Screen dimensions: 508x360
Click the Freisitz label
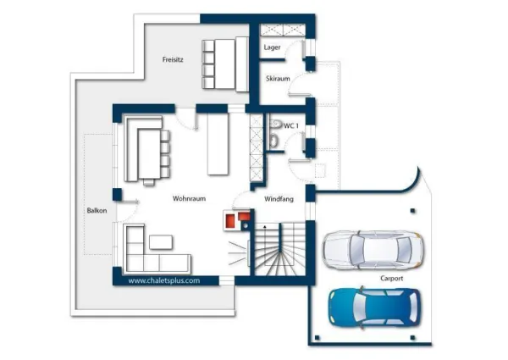coord(173,59)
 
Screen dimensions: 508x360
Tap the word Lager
coord(272,47)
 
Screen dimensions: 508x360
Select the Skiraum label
coord(278,79)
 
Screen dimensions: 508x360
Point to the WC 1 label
coord(291,125)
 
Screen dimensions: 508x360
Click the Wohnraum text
coord(189,198)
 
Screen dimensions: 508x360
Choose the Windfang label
coord(279,199)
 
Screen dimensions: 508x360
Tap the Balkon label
coord(97,211)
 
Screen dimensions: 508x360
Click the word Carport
coord(392,279)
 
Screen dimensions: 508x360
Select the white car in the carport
coord(373,250)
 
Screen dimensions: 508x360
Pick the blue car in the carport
coord(375,307)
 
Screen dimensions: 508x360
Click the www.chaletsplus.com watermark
coord(164,280)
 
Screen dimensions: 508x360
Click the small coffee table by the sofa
coord(161,242)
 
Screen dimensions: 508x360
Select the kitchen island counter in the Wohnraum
coord(218,144)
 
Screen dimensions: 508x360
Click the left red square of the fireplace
coord(230,220)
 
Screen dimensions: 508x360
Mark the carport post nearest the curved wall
coord(412,211)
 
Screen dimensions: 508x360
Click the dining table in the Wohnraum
coord(149,153)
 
